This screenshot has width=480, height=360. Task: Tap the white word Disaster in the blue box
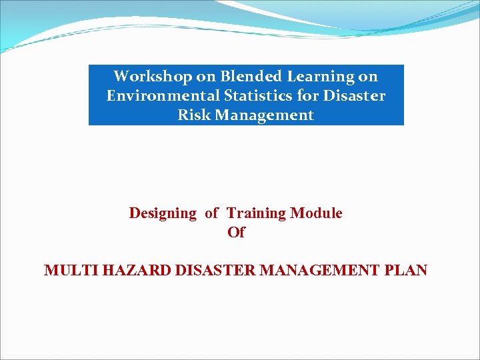[354, 95]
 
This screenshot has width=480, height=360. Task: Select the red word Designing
[163, 213]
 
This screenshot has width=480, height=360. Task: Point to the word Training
[257, 213]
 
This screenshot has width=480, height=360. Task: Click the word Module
[317, 213]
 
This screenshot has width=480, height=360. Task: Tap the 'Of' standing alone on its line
[236, 233]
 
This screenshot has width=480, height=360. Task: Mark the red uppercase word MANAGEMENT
[320, 271]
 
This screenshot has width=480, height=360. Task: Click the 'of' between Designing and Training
[211, 213]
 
